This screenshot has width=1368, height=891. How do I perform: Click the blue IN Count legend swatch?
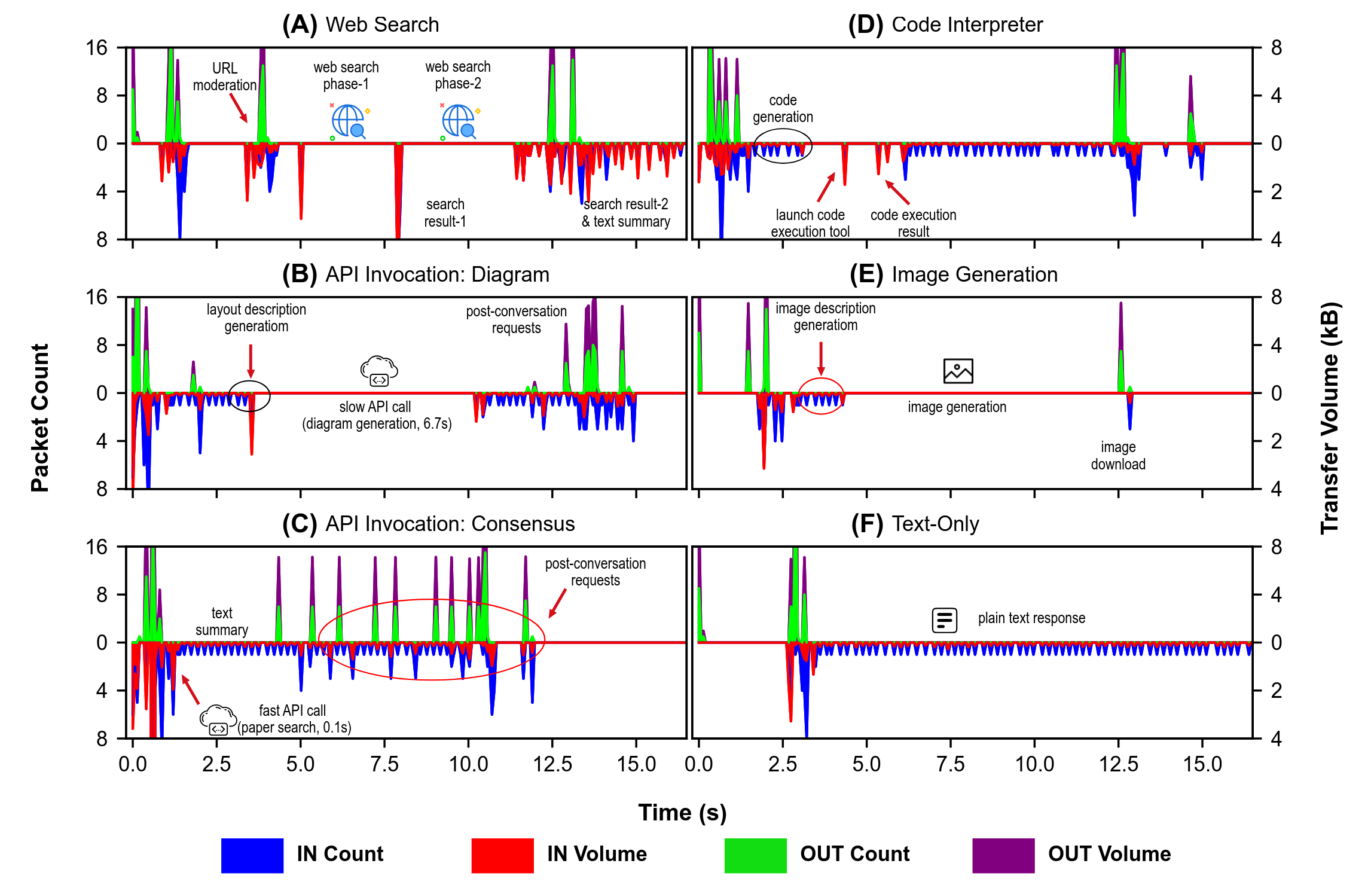point(252,855)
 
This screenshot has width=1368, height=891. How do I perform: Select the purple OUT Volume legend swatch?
point(1003,855)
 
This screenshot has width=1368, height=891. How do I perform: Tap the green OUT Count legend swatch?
point(755,855)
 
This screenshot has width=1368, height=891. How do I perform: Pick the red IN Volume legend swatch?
point(502,855)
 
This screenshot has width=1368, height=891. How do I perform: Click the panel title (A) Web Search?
point(361,25)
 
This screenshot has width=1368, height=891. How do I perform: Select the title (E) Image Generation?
point(954,274)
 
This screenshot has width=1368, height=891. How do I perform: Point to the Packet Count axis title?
point(40,417)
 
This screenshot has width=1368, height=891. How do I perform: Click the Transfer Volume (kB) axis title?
point(1330,417)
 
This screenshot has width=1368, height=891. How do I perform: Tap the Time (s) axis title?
point(682,813)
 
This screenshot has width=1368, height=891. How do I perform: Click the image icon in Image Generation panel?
point(958,371)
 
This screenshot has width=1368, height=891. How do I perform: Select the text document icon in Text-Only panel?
point(945,620)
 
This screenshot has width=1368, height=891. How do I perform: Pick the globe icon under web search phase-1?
point(349,121)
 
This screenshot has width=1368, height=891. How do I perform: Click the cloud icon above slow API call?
point(379,371)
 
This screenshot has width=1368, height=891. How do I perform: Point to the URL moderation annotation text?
point(225,77)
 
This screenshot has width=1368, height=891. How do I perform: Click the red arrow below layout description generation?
point(251,361)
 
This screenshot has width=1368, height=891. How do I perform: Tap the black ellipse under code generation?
point(783,145)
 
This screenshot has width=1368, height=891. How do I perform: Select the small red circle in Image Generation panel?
point(822,396)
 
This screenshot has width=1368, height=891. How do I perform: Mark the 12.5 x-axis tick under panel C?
point(552,764)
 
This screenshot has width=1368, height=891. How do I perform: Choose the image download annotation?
point(1118,456)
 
